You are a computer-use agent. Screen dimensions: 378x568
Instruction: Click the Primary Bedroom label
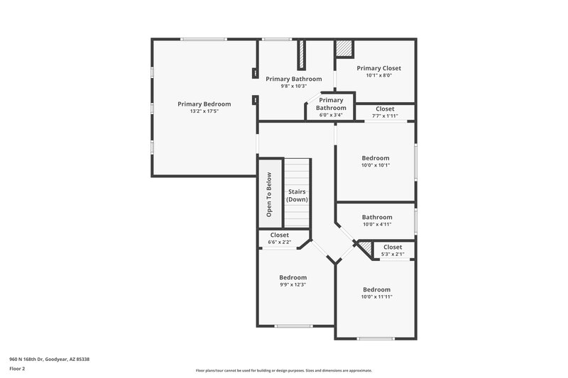[204, 104]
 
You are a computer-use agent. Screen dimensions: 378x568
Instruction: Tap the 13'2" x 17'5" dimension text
[204, 111]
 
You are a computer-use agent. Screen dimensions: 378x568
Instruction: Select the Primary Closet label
[378, 68]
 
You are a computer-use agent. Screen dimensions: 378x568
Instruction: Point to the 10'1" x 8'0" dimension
[378, 76]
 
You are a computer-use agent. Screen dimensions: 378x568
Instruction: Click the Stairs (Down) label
[297, 196]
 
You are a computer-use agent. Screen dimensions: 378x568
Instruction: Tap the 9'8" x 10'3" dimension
[293, 87]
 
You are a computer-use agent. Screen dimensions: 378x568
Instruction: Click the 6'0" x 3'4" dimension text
[331, 115]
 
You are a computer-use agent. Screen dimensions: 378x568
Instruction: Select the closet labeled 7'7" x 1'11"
[385, 113]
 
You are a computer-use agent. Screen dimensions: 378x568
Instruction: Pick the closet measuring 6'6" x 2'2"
[279, 238]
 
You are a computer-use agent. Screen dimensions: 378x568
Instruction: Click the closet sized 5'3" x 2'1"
[393, 250]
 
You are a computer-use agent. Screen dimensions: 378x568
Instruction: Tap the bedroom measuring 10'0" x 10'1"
[376, 161]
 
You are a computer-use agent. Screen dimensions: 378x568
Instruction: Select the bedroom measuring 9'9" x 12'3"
[293, 281]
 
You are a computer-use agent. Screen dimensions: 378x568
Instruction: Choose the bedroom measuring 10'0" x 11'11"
[376, 293]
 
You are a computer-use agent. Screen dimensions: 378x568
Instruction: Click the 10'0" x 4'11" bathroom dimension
[376, 225]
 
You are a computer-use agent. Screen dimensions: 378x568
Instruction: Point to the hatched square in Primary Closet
[344, 48]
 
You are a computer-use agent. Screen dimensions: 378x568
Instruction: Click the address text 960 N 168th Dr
[49, 359]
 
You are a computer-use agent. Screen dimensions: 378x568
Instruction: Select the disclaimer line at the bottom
[283, 370]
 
